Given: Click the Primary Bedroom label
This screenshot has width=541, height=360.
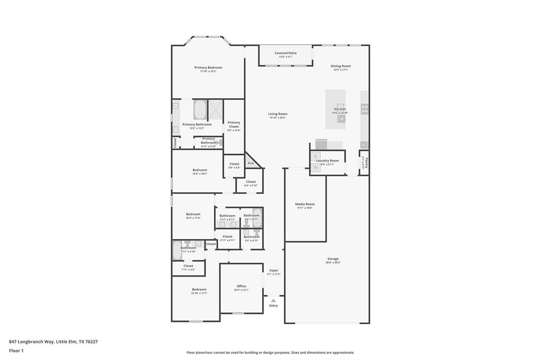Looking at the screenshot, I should [208, 68].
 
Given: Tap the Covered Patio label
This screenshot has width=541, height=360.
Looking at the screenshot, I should [285, 53].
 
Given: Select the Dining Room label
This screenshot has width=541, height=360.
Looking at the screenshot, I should [341, 66].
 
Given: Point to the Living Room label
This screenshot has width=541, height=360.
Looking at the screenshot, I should [277, 114].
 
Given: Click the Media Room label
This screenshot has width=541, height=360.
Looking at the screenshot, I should [305, 204].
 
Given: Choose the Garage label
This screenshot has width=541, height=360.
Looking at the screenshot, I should [333, 259].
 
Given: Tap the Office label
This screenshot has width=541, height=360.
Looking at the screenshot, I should [241, 286].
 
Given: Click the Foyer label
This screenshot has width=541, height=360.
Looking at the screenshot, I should [274, 270].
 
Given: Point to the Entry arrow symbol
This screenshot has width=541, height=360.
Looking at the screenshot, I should [273, 300].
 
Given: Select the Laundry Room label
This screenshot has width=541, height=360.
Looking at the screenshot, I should [328, 160].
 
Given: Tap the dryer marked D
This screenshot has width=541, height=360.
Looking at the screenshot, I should [315, 156].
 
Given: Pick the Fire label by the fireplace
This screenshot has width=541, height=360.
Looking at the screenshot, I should [251, 163].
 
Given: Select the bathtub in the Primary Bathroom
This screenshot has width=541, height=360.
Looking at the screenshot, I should [200, 110].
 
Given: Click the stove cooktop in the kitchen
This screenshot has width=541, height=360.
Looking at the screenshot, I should [365, 109].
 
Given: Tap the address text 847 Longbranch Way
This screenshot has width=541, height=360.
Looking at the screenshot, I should [53, 342].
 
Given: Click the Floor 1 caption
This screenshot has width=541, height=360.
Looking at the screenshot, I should [16, 350].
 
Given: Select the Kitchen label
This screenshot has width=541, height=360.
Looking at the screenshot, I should [340, 109].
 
